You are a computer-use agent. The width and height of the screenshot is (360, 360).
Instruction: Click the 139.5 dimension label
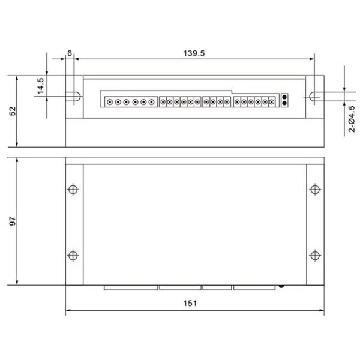point(194,53)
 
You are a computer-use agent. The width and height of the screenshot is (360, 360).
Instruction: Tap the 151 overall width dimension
point(190,303)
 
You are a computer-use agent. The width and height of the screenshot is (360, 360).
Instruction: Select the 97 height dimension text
point(13,221)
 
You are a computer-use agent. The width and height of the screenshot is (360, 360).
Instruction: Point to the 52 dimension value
point(13,111)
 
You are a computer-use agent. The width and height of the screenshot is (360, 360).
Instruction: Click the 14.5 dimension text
point(40,86)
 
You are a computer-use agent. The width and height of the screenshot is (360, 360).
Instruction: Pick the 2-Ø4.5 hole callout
point(352,119)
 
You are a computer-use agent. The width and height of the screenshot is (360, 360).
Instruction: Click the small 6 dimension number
point(70,53)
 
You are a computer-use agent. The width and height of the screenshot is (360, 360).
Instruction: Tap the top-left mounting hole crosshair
point(73,190)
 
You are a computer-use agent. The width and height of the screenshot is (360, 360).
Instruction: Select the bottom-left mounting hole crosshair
point(73,256)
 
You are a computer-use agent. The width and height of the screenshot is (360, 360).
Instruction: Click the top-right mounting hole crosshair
point(315,190)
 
